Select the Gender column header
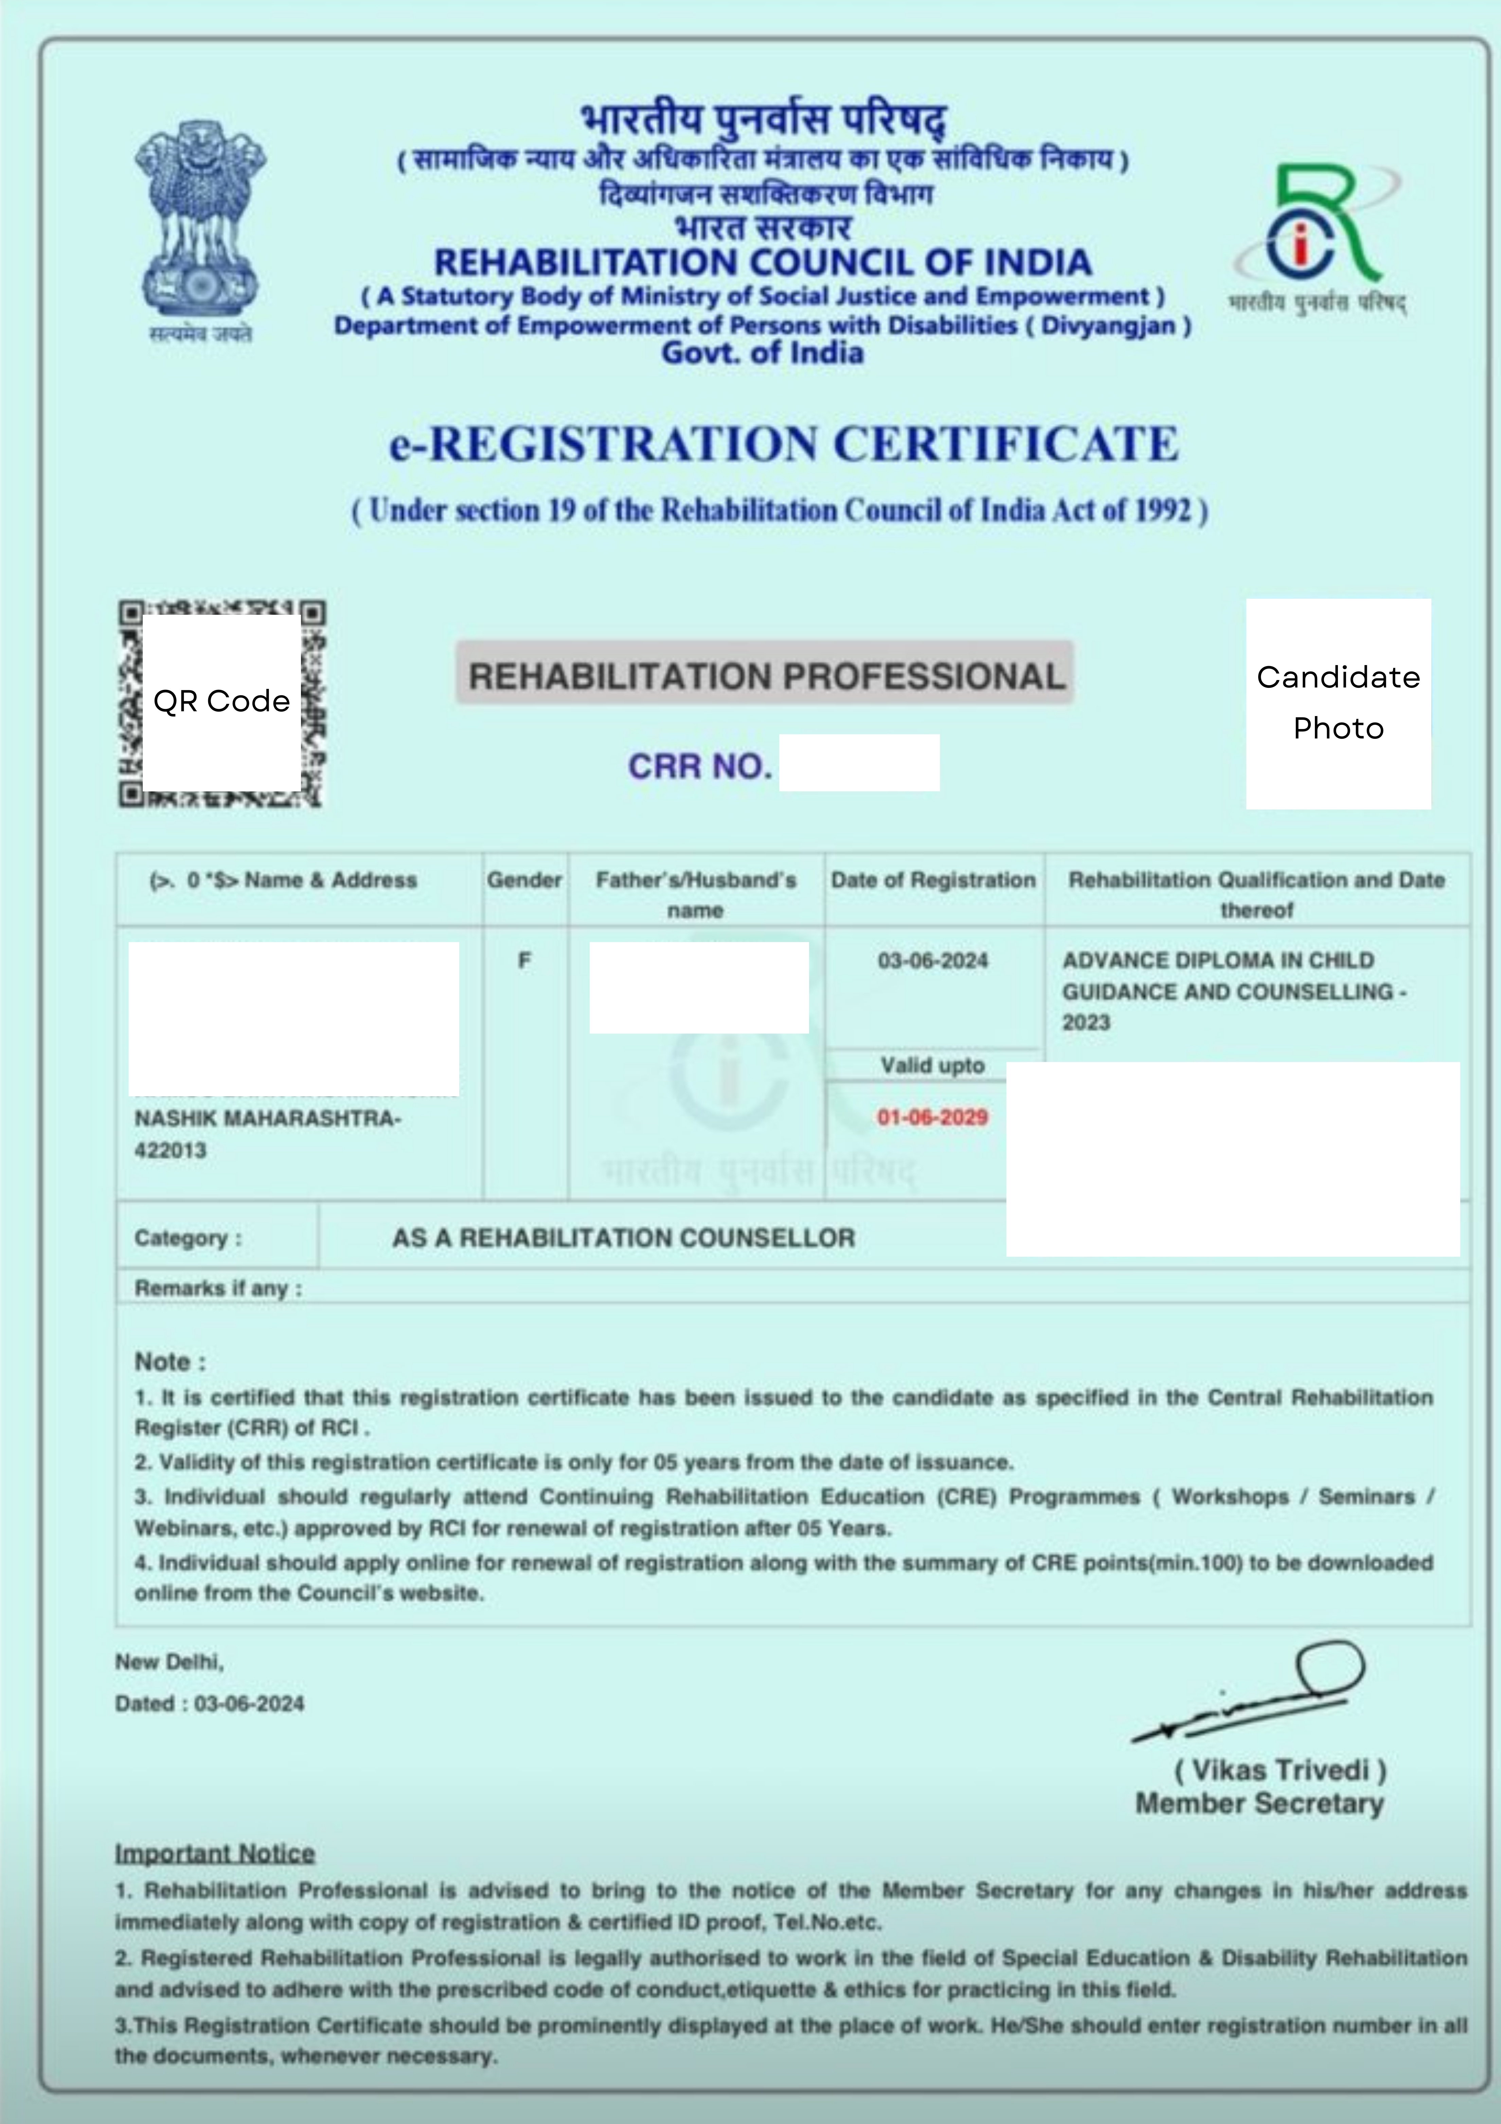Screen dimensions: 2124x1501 pos(524,880)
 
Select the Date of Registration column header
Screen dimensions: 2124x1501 pos(933,880)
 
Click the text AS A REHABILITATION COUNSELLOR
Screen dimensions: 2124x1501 pos(623,1238)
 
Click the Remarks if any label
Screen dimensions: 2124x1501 pos(218,1288)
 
